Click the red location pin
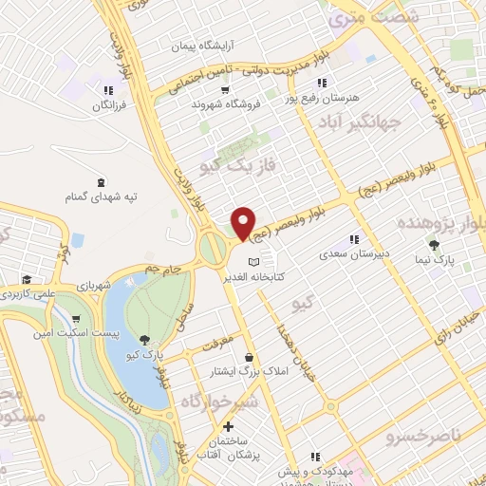pyautogui.click(x=244, y=222)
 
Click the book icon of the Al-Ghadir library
pyautogui.click(x=252, y=263)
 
